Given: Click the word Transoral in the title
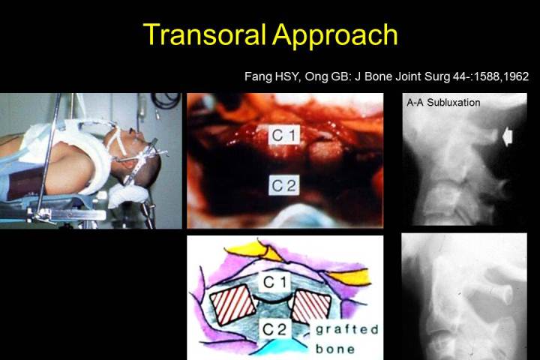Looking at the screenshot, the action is pyautogui.click(x=205, y=34).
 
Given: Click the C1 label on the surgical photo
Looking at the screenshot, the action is pyautogui.click(x=284, y=135).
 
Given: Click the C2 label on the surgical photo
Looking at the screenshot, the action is pyautogui.click(x=284, y=185).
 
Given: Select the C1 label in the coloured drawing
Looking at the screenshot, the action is pyautogui.click(x=274, y=283).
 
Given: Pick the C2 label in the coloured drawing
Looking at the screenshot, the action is pyautogui.click(x=274, y=330).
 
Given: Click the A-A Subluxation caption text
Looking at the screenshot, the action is pyautogui.click(x=443, y=102).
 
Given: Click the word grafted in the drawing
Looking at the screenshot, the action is pyautogui.click(x=346, y=330).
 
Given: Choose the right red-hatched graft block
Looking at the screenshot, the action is pyautogui.click(x=312, y=306).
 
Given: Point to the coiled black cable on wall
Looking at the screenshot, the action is pyautogui.click(x=166, y=99).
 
